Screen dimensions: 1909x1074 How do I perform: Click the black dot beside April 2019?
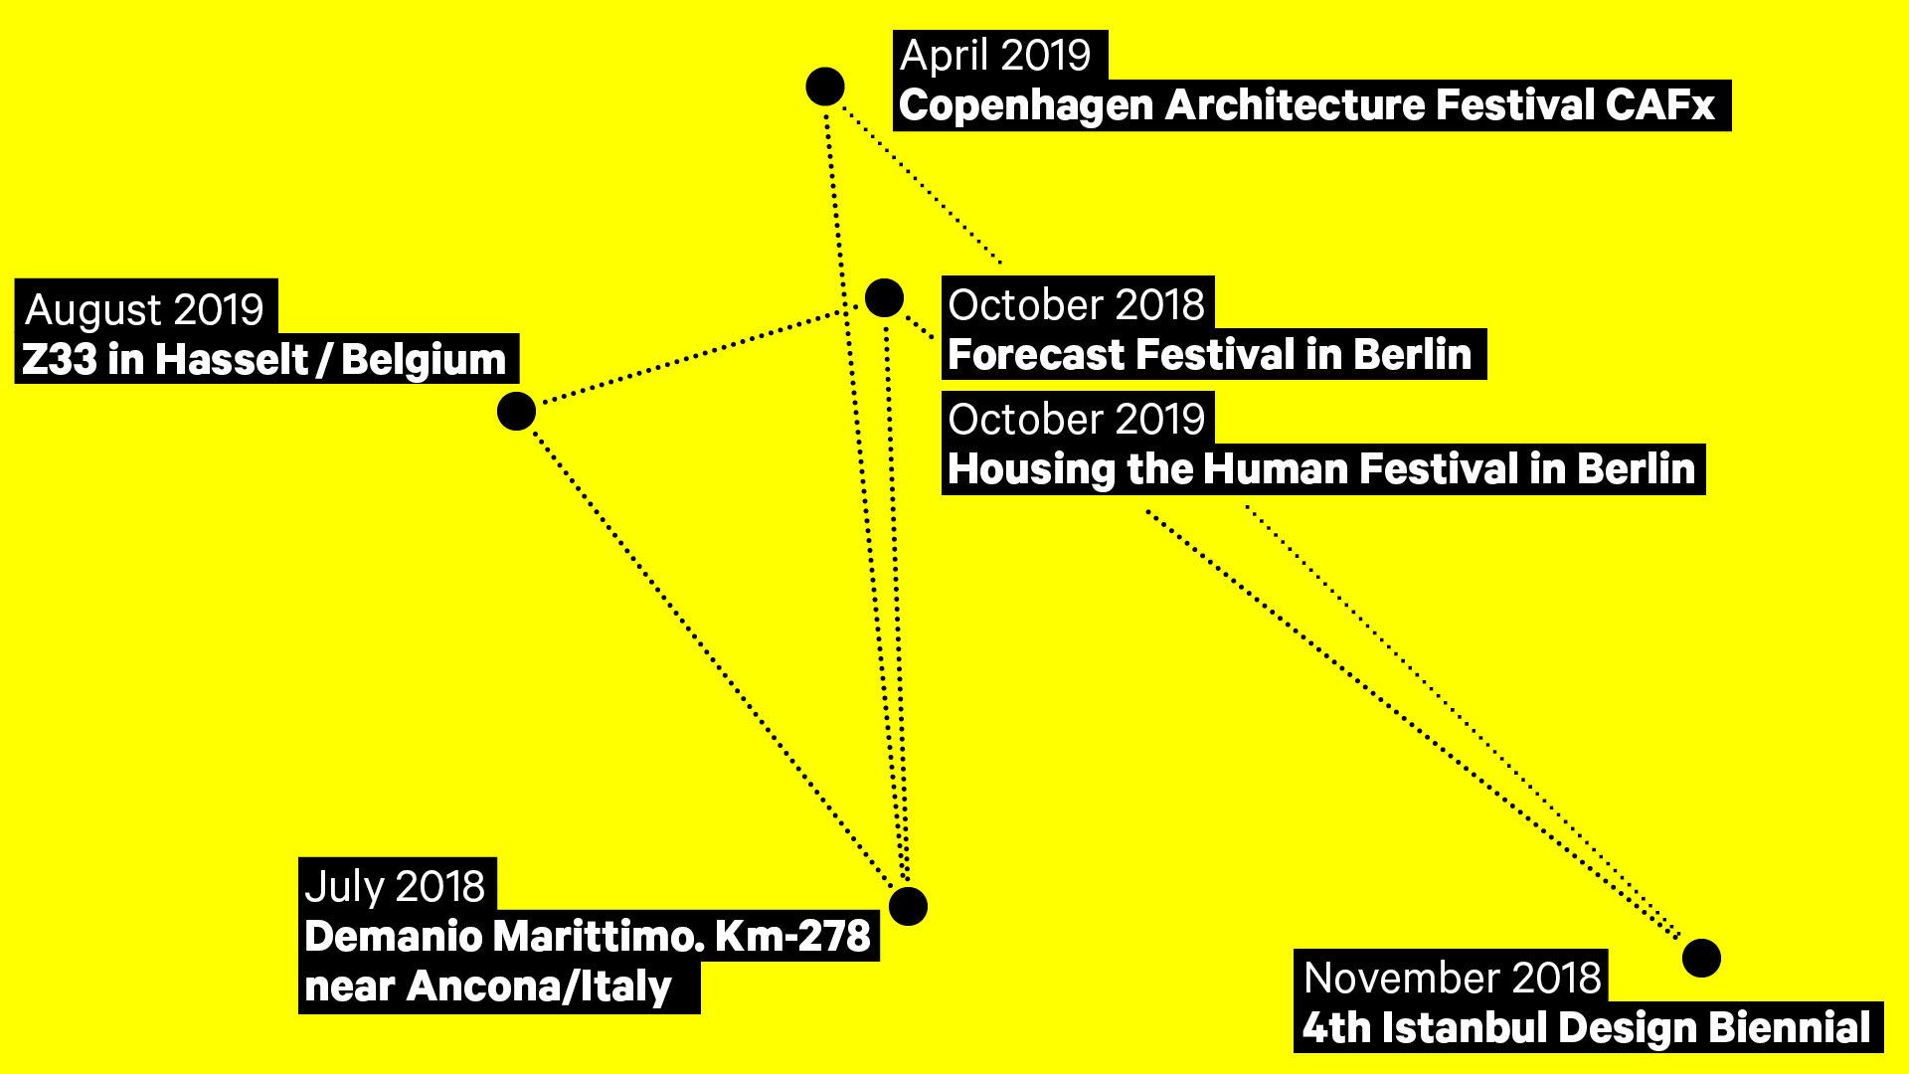[x=825, y=87]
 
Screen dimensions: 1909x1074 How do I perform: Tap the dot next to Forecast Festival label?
[x=884, y=297]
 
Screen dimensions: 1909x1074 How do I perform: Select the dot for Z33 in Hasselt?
[x=516, y=411]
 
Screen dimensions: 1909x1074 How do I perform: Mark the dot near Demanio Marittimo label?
[x=908, y=906]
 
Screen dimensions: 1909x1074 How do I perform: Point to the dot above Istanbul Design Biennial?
[x=1701, y=958]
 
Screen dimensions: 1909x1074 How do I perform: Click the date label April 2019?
[x=995, y=56]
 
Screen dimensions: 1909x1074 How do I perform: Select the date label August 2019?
[x=145, y=310]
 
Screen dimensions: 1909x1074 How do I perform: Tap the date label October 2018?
[x=1076, y=305]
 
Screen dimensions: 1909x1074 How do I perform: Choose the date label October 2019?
[x=1076, y=420]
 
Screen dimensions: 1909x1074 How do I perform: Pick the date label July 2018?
[x=395, y=887]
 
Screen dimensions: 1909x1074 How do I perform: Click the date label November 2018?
[x=1452, y=979]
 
